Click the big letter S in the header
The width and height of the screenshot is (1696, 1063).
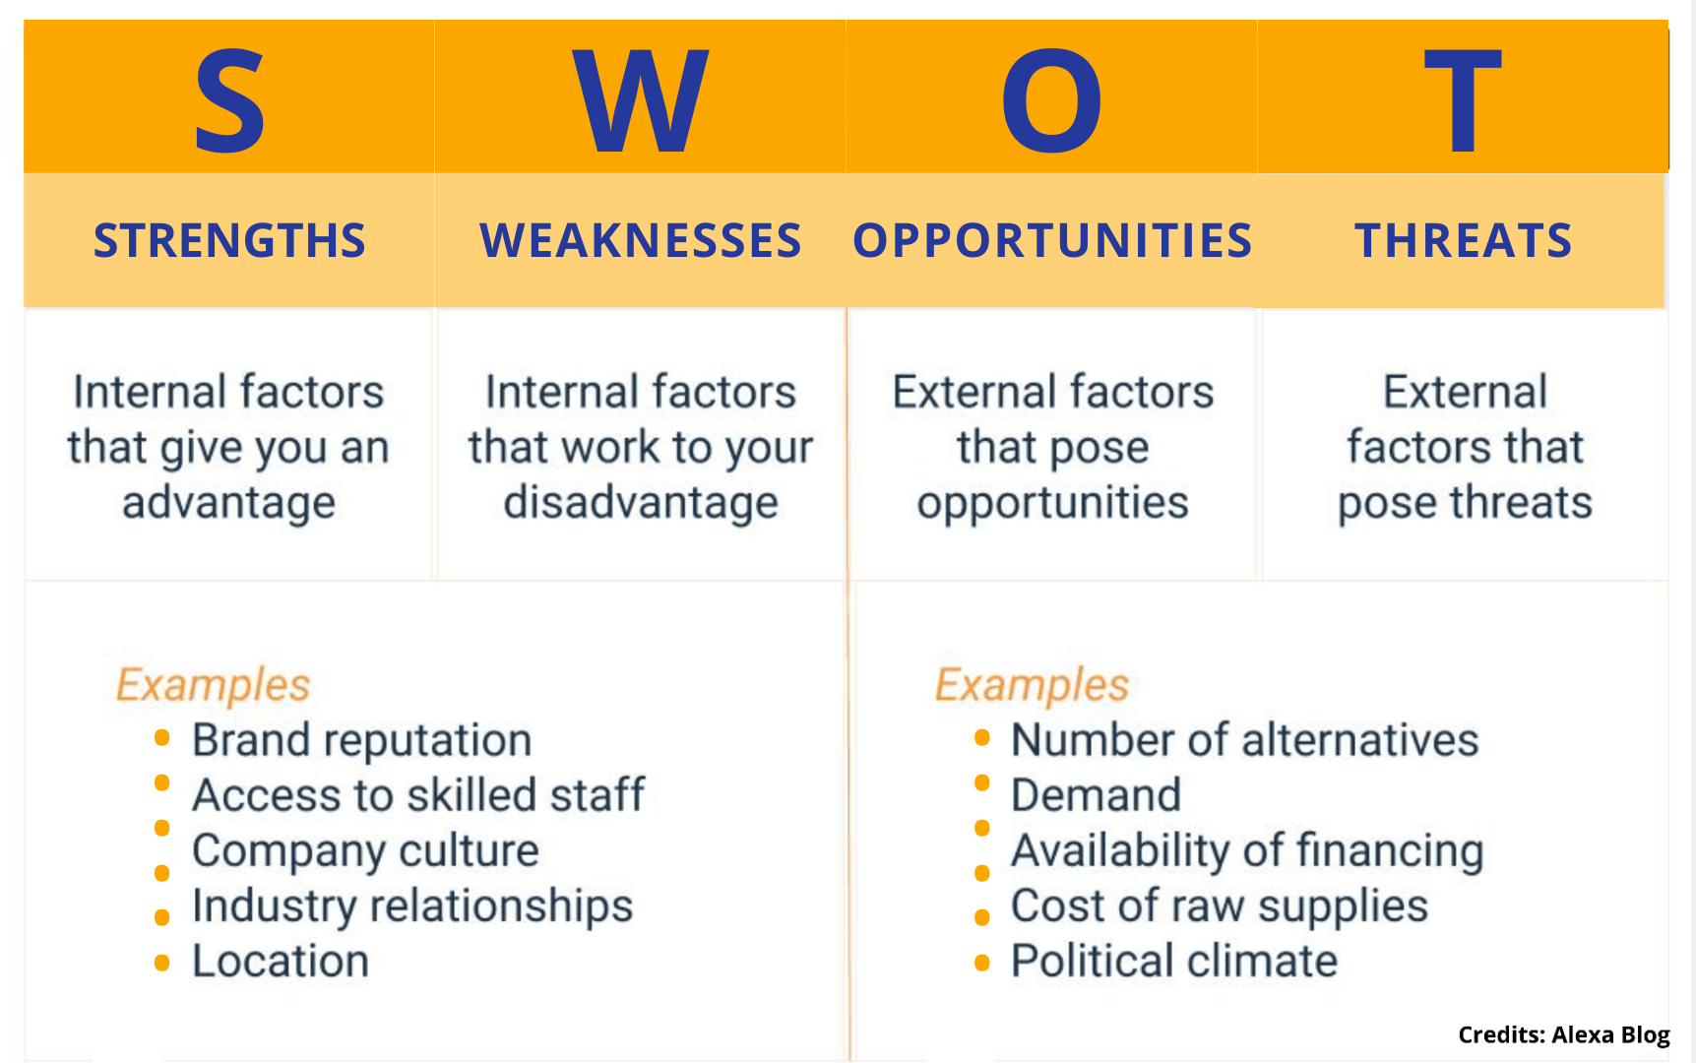(x=229, y=101)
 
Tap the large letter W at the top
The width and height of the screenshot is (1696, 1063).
(x=641, y=101)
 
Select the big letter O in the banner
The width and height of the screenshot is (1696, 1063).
(x=1051, y=101)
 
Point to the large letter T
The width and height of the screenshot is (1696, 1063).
(x=1463, y=101)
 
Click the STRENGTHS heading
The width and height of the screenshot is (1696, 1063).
(x=229, y=241)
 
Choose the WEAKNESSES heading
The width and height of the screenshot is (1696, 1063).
(x=641, y=241)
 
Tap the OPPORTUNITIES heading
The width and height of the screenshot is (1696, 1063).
(x=1052, y=241)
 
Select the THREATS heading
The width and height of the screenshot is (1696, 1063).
(x=1464, y=241)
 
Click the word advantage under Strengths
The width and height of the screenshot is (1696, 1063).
(x=229, y=503)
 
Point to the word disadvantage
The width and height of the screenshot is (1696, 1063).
(x=641, y=503)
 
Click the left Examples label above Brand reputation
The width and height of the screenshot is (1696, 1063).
(x=213, y=685)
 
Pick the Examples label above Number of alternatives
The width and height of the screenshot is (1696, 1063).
(x=1032, y=685)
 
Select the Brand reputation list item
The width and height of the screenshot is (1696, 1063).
(x=362, y=741)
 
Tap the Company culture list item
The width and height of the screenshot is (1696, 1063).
(x=365, y=851)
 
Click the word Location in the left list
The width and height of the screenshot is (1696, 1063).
(x=281, y=962)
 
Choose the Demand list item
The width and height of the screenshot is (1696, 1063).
(x=1096, y=795)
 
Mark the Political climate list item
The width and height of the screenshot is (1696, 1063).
(x=1174, y=962)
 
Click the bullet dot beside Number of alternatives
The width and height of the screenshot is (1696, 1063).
(x=981, y=737)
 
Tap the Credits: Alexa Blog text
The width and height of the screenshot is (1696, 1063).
(x=1564, y=1034)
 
